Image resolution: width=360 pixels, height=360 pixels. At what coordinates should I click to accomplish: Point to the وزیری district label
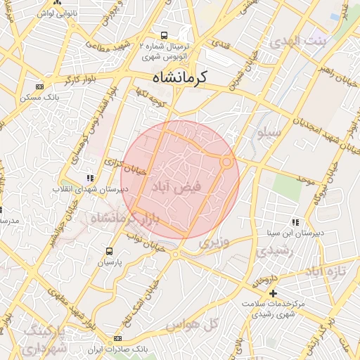click(x=214, y=243)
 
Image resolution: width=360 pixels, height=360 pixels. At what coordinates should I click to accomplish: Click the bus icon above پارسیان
click(x=109, y=251)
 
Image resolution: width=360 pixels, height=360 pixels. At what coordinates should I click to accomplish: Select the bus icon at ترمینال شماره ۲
click(x=164, y=35)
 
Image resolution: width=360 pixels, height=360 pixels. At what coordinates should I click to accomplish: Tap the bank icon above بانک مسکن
click(x=39, y=87)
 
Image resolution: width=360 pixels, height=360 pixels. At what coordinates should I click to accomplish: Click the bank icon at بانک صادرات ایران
click(x=117, y=339)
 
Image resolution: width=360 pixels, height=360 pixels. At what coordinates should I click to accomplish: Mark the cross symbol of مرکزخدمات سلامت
click(x=274, y=292)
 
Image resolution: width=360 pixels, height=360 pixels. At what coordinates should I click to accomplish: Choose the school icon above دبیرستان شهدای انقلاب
click(x=89, y=179)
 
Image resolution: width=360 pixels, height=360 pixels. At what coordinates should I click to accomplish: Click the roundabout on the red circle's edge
click(x=226, y=162)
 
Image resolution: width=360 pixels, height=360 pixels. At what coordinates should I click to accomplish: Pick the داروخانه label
click(x=262, y=280)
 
